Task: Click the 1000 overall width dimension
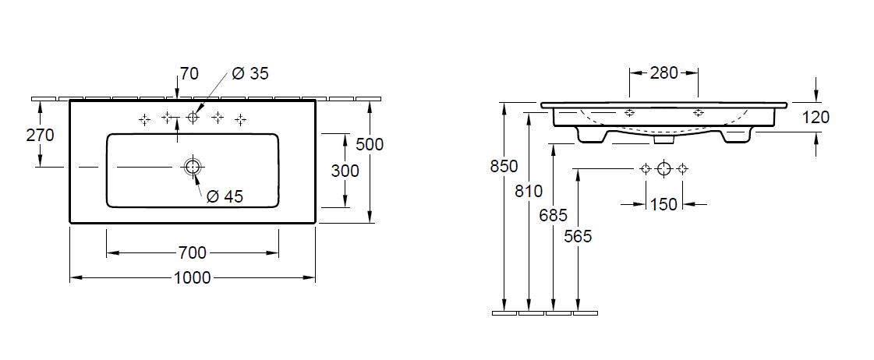(193, 277)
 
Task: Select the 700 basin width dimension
(193, 253)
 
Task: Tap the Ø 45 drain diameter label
(225, 196)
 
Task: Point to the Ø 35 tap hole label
(250, 73)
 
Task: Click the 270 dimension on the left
(40, 135)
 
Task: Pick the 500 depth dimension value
(370, 144)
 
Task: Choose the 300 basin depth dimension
(345, 171)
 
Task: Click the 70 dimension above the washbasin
(189, 73)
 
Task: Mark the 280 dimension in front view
(663, 72)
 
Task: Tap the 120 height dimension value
(816, 117)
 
